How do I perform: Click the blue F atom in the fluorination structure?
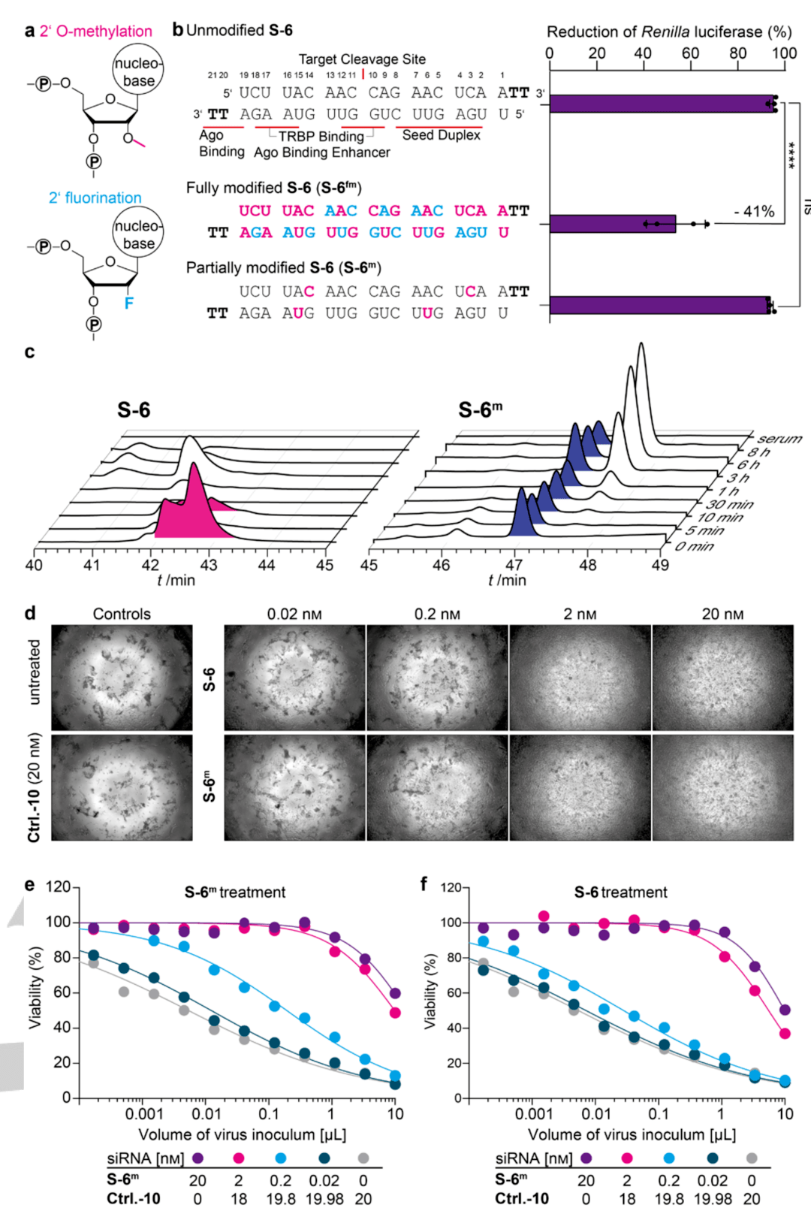(129, 303)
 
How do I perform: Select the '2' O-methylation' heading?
(95, 31)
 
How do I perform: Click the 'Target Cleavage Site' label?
(362, 59)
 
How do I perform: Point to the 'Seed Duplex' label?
(441, 135)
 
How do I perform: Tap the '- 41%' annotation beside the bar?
(754, 212)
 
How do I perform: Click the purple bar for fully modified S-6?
(613, 224)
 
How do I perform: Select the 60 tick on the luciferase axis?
(690, 53)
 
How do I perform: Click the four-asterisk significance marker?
(792, 156)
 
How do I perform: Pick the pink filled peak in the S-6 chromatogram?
(194, 507)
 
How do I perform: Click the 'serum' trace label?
(779, 439)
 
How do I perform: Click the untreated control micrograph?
(122, 678)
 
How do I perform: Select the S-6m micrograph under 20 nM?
(722, 787)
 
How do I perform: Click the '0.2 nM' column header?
(437, 614)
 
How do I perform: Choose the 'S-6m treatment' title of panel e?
(235, 892)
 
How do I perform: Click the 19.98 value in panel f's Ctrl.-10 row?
(713, 1199)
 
